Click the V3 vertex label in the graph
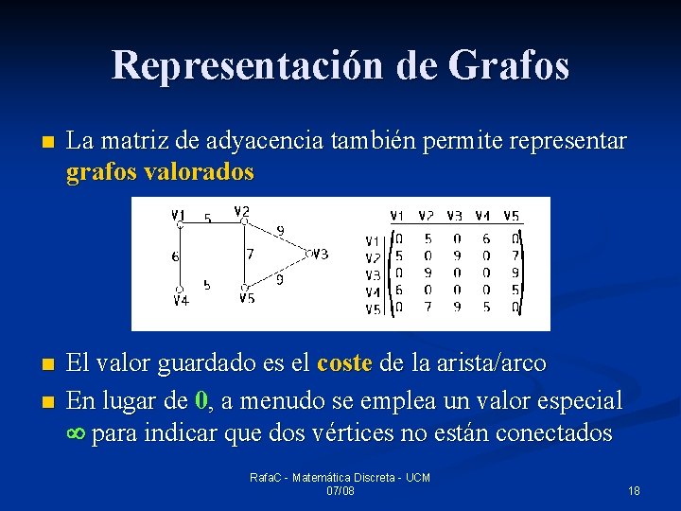coord(320,254)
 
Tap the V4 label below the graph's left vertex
coord(181,300)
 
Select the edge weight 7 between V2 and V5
coord(249,254)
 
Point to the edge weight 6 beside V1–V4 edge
coord(175,256)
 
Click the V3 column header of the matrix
coord(455,215)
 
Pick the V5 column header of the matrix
coord(513,215)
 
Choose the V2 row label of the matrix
coord(373,257)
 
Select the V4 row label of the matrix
coord(373,291)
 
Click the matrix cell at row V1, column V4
coord(485,239)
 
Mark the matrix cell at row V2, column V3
coord(456,256)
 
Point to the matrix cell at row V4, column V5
coord(514,291)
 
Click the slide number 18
coord(634,490)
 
